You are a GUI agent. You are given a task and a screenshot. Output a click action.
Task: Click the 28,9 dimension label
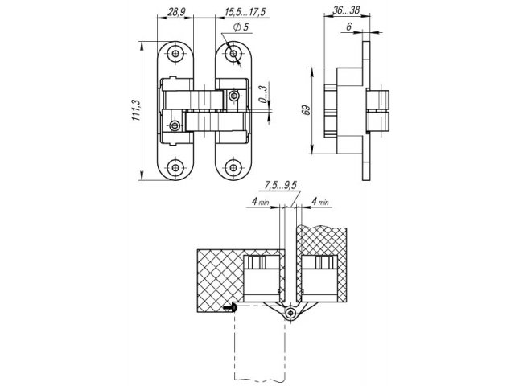click(177, 13)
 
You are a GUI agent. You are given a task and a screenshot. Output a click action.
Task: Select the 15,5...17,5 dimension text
click(245, 13)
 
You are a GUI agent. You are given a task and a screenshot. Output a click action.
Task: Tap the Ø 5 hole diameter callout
click(241, 27)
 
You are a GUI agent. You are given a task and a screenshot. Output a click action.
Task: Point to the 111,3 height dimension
click(137, 110)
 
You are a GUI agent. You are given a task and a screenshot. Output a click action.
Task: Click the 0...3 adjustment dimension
click(263, 95)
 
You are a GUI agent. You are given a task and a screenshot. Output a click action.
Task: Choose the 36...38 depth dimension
click(346, 10)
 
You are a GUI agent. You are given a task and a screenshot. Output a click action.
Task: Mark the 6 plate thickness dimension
click(349, 27)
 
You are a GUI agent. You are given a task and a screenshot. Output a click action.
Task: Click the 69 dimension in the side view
click(307, 110)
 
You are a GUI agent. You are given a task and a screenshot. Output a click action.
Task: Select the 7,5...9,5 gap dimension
click(281, 186)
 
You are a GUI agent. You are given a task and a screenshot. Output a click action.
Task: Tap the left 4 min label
click(261, 201)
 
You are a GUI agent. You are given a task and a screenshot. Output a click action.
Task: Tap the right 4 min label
click(319, 201)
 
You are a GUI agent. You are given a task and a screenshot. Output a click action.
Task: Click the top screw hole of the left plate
click(175, 54)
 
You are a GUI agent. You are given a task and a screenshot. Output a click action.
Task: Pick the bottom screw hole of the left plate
click(175, 168)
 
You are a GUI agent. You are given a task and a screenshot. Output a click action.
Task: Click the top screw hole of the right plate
click(233, 54)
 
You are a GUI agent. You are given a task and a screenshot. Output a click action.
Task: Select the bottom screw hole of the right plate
click(233, 168)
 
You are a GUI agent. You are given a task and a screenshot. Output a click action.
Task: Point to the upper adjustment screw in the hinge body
click(234, 96)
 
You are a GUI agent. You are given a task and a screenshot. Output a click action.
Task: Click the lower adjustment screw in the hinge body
click(175, 125)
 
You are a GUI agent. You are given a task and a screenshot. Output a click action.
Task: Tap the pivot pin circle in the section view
click(290, 314)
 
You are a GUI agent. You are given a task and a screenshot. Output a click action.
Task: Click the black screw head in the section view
click(230, 307)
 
